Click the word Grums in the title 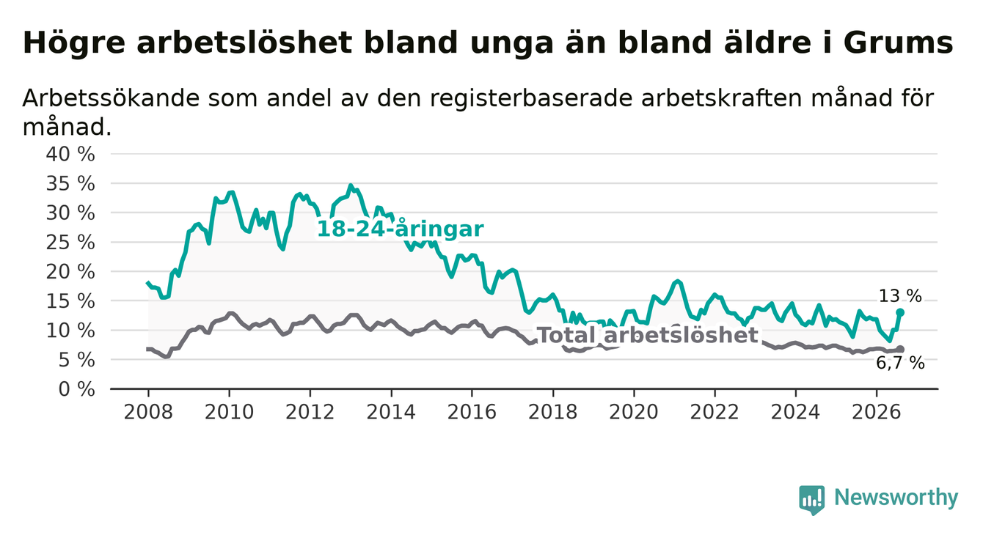898,43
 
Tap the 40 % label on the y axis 70,155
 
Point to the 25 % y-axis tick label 70,243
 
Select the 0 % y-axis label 76,389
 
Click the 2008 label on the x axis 148,413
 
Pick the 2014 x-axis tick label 391,413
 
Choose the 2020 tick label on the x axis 634,413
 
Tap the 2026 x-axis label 877,413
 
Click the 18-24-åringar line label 401,229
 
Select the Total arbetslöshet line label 647,336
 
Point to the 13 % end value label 900,296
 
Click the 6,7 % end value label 900,364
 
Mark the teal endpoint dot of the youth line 900,312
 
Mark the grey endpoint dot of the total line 900,349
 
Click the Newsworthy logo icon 812,499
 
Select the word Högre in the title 74,44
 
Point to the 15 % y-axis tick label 70,301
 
